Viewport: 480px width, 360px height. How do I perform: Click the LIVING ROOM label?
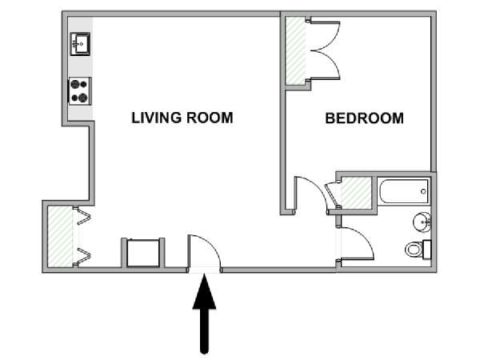click(x=182, y=118)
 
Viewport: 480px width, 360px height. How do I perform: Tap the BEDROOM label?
click(x=364, y=118)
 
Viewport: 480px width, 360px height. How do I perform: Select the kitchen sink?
click(x=80, y=44)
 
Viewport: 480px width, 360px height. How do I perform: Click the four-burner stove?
click(x=79, y=91)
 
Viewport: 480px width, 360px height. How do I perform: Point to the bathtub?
click(x=404, y=191)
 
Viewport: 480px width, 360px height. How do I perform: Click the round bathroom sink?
click(x=422, y=221)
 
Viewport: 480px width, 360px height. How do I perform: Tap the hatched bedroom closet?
click(x=296, y=51)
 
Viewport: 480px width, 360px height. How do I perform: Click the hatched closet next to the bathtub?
click(x=356, y=193)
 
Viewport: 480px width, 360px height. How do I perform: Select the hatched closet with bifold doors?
click(x=61, y=236)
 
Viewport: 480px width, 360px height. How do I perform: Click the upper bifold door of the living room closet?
click(x=83, y=216)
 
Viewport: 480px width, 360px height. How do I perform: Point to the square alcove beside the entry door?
click(x=143, y=253)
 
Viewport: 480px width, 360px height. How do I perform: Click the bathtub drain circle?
click(x=423, y=191)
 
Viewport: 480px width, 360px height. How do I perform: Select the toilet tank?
click(x=427, y=250)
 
